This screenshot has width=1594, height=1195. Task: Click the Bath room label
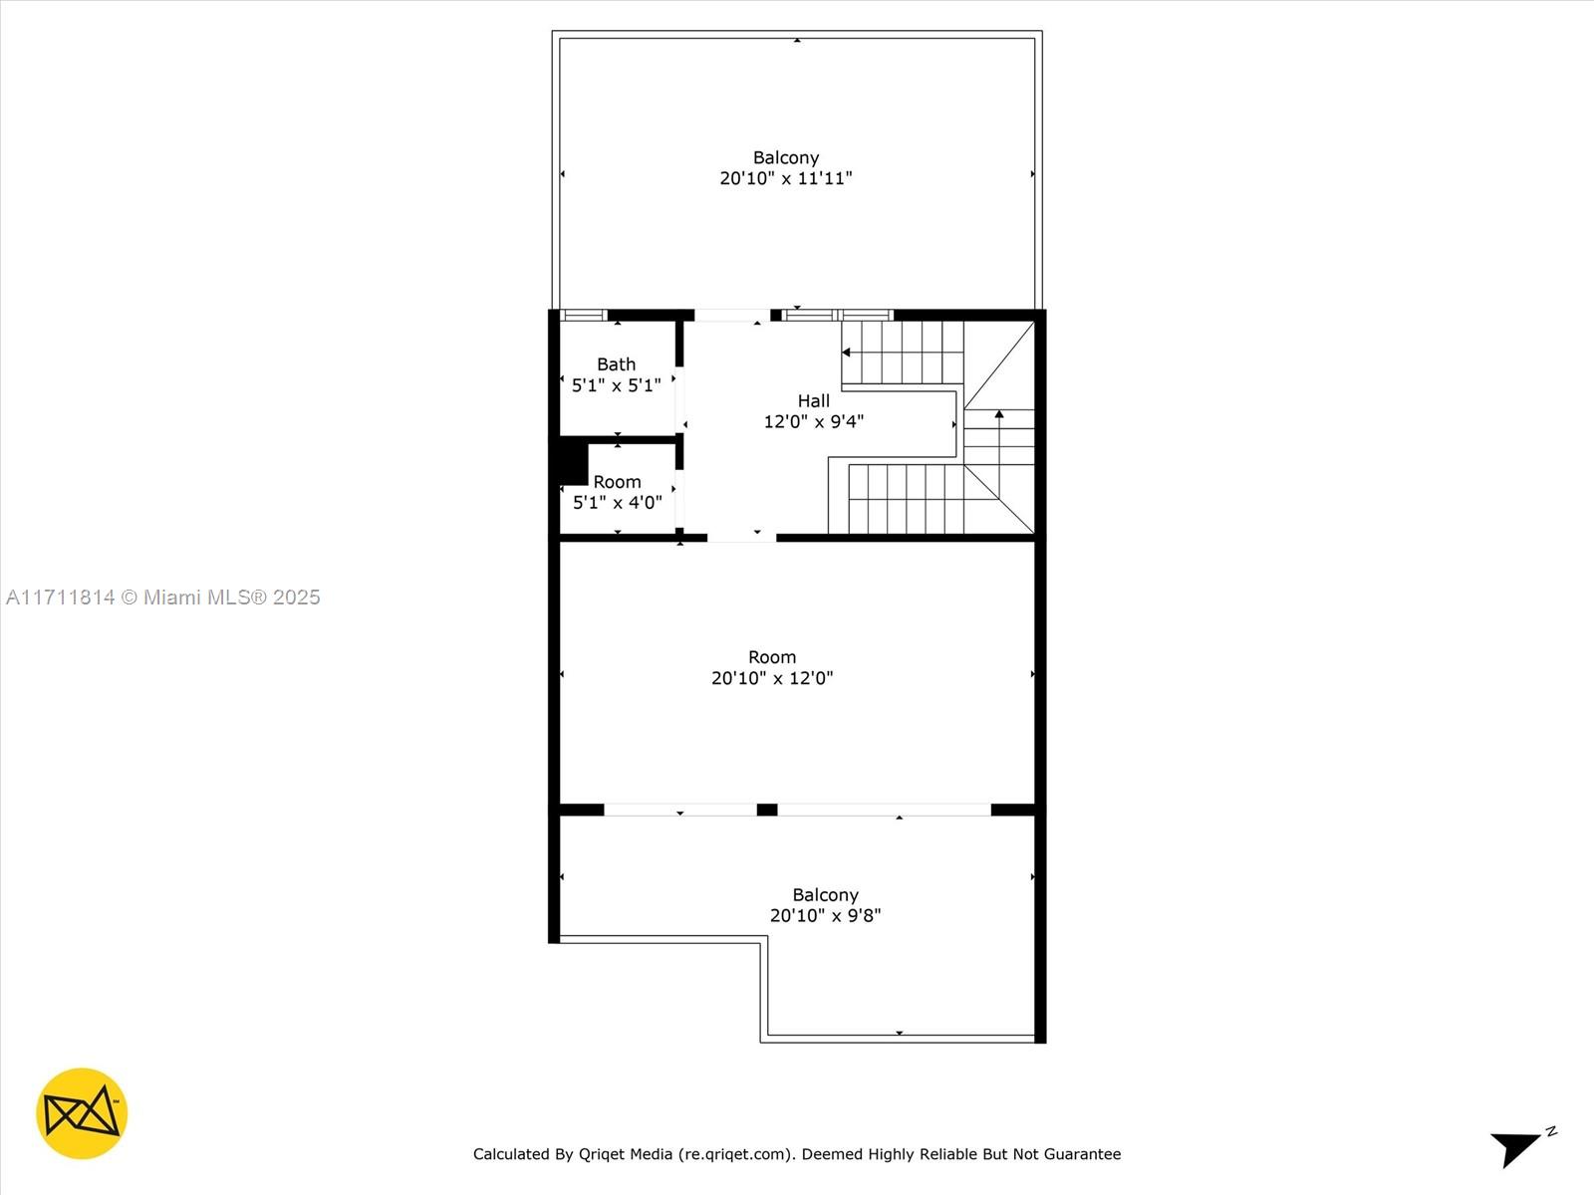click(616, 364)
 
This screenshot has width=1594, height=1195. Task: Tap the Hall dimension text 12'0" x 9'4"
click(813, 421)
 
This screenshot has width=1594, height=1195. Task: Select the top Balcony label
click(786, 157)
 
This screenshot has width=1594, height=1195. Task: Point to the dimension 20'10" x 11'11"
click(786, 178)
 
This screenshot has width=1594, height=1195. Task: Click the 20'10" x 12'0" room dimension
click(772, 678)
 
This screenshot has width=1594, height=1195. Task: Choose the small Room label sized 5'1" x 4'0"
click(617, 482)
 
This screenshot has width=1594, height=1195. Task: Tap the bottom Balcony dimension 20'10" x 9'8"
click(825, 915)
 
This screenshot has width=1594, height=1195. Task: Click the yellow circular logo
click(82, 1113)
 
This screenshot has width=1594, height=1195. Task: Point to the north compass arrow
click(1519, 1146)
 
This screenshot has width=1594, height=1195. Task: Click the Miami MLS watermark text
click(162, 597)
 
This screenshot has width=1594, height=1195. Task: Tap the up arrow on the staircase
click(999, 413)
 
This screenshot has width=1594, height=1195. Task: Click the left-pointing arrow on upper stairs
click(846, 353)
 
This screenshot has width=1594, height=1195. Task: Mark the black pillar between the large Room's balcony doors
click(767, 810)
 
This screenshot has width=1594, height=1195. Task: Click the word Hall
click(813, 400)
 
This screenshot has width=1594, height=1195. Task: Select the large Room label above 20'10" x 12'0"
click(772, 657)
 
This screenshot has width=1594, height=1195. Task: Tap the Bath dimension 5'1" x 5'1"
click(616, 385)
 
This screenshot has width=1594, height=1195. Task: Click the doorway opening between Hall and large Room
click(741, 538)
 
